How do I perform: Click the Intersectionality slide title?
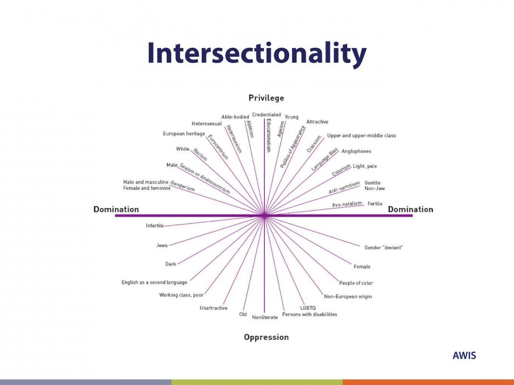[x=257, y=53]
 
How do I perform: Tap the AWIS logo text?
[x=464, y=355]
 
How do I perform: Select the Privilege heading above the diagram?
[x=266, y=98]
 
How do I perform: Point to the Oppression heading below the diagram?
[x=266, y=337]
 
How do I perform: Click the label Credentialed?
[x=266, y=115]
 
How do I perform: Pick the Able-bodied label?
[x=235, y=117]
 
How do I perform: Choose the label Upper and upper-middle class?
[x=361, y=136]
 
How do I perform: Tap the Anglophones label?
[x=356, y=151]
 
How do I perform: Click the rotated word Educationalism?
[x=269, y=136]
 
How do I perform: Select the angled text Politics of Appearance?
[x=292, y=147]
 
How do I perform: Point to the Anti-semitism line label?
[x=344, y=187]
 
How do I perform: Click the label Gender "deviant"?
[x=383, y=248]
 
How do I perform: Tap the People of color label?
[x=356, y=283]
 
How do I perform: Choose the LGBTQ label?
[x=308, y=308]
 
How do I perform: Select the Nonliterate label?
[x=265, y=317]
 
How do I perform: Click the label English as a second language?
[x=155, y=282]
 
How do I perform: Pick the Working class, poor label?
[x=181, y=295]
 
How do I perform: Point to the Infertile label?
[x=155, y=226]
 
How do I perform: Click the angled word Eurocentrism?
[x=218, y=147]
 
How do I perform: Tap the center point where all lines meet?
[x=264, y=216]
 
